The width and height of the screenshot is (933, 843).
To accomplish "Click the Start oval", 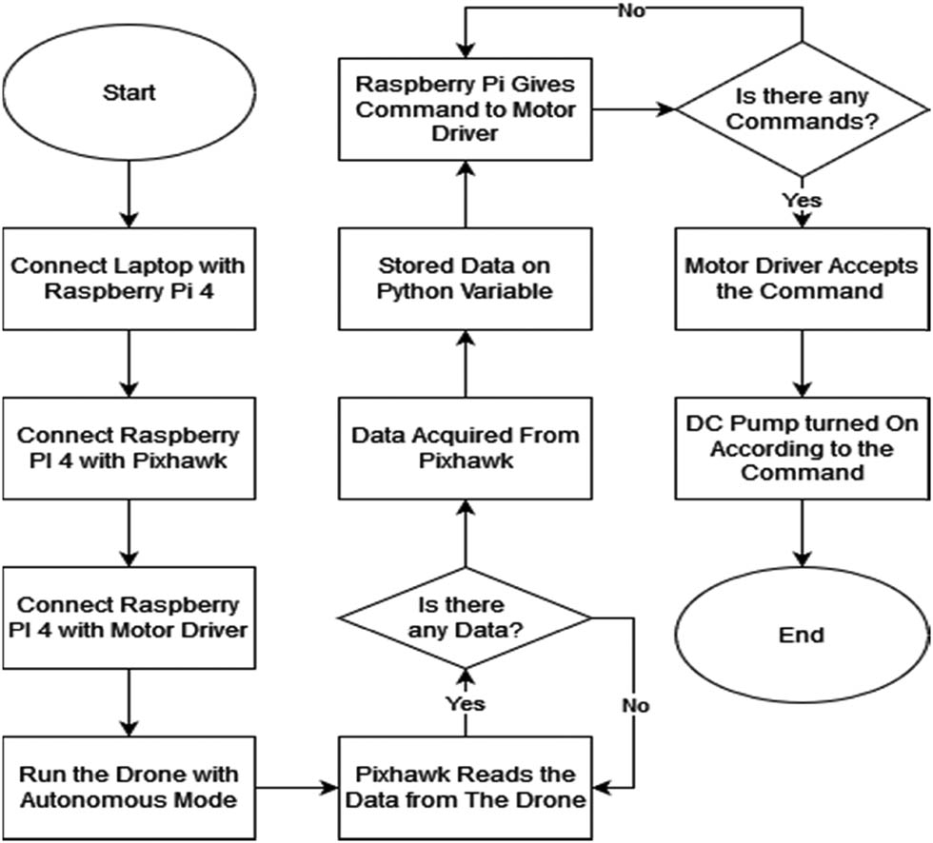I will (129, 93).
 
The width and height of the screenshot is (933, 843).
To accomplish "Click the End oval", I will (801, 634).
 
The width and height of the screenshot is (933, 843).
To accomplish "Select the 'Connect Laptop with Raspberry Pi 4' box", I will (129, 277).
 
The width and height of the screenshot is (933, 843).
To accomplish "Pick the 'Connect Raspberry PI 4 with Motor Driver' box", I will (129, 616).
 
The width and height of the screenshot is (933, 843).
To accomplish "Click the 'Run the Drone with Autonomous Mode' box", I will (129, 785).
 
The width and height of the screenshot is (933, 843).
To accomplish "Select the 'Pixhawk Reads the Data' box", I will (466, 785).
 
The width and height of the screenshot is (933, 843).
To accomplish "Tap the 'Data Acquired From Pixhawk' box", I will (466, 446).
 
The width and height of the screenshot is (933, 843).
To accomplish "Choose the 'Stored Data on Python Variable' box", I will (466, 277).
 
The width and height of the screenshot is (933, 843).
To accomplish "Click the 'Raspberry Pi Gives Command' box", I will (466, 108).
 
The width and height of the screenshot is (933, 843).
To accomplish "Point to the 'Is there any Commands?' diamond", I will (803, 108).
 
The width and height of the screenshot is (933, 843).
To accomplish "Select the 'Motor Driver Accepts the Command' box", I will (803, 277).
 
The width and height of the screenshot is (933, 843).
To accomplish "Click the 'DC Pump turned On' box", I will (803, 446).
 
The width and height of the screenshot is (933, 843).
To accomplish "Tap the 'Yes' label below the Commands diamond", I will (802, 200).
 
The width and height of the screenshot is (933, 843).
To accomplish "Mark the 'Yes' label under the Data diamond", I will (466, 703).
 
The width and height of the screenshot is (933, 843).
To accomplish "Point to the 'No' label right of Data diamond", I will (636, 706).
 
